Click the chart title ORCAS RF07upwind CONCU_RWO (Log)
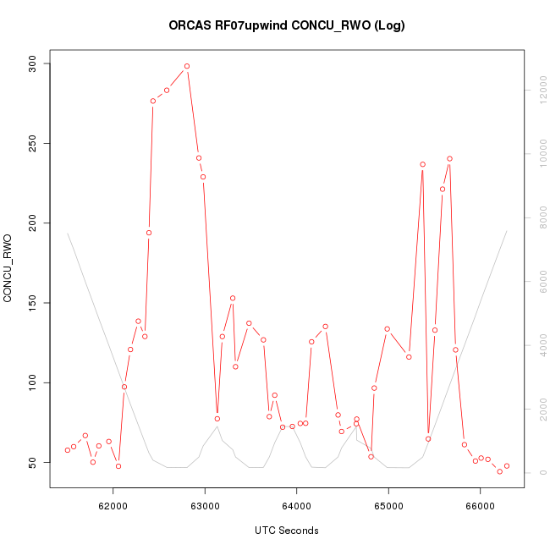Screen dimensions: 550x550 tap(287, 25)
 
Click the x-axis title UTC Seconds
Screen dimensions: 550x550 tap(287, 531)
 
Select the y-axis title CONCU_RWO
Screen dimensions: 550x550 tap(8, 269)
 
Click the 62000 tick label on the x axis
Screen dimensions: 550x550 tap(113, 505)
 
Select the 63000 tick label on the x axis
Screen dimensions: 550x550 tap(205, 505)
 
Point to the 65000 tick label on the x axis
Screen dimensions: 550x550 tap(388, 505)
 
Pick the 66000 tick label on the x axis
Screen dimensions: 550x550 tap(480, 505)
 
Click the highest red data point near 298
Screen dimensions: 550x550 tap(187, 66)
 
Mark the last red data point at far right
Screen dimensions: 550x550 tap(507, 466)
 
